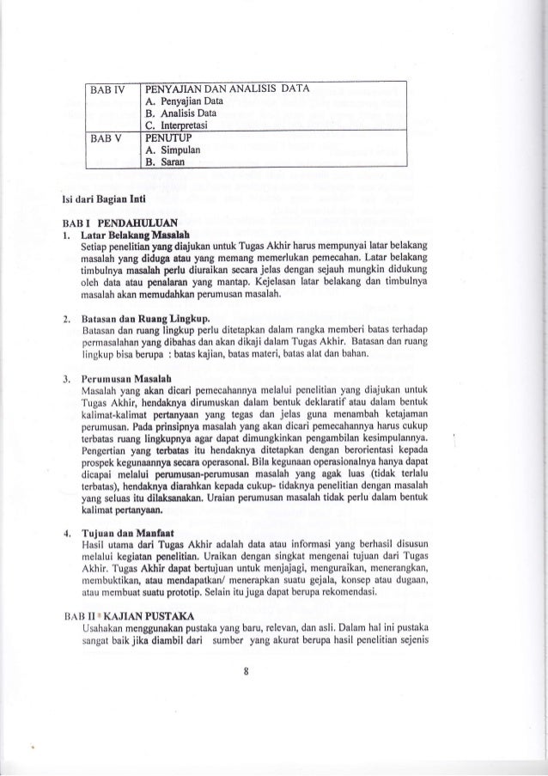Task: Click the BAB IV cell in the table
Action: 111,89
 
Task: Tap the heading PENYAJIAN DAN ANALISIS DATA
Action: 228,89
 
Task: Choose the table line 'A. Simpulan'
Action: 176,146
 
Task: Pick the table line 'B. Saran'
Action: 168,158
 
